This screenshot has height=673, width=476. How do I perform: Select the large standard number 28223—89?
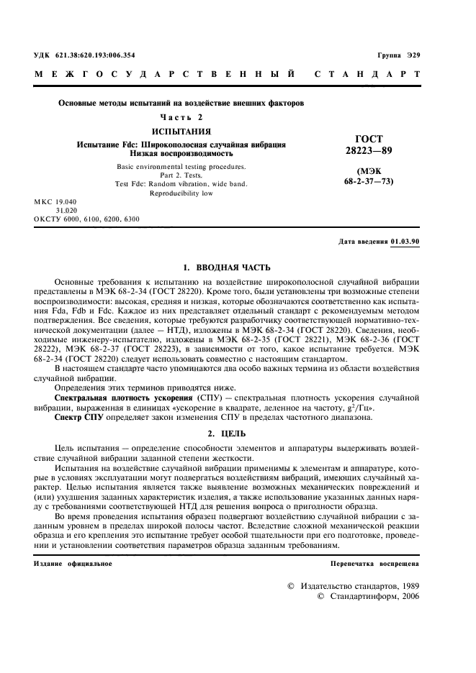click(x=369, y=151)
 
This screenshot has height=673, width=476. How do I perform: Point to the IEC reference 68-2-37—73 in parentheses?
click(x=369, y=183)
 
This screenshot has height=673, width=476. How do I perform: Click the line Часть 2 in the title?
click(x=181, y=116)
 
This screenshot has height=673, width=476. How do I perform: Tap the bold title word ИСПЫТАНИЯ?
click(x=181, y=132)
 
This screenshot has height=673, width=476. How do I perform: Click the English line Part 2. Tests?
click(x=181, y=175)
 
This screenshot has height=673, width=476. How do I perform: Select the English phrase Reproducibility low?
click(x=181, y=193)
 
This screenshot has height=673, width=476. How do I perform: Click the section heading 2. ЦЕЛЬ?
click(x=226, y=434)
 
